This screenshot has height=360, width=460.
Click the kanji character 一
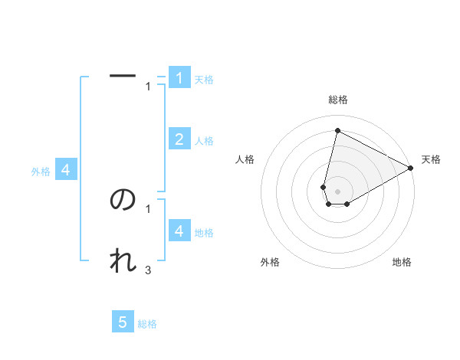pyautogui.click(x=123, y=76)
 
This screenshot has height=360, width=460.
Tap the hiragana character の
pyautogui.click(x=123, y=199)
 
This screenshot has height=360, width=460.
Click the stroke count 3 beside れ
pyautogui.click(x=148, y=270)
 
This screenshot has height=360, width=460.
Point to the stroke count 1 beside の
pyautogui.click(x=148, y=208)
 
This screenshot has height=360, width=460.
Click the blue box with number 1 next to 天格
pyautogui.click(x=179, y=78)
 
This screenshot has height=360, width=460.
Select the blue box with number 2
pyautogui.click(x=179, y=139)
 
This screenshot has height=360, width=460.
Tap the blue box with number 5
pyautogui.click(x=123, y=322)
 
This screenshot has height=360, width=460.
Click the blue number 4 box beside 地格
pyautogui.click(x=179, y=231)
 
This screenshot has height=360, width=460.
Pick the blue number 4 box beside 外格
pyautogui.click(x=66, y=171)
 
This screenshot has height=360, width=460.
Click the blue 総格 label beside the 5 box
pyautogui.click(x=147, y=324)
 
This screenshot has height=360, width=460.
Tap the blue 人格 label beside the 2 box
pyautogui.click(x=204, y=141)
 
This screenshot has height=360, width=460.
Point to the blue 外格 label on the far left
pyautogui.click(x=41, y=172)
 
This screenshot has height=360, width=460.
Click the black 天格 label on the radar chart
pyautogui.click(x=431, y=159)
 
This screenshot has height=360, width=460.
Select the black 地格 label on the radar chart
pyautogui.click(x=402, y=263)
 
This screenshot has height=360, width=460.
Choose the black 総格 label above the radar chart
pyautogui.click(x=338, y=100)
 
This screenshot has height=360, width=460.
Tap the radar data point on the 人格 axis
pyautogui.click(x=324, y=187)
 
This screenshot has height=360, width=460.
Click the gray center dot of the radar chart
pyautogui.click(x=338, y=191)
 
